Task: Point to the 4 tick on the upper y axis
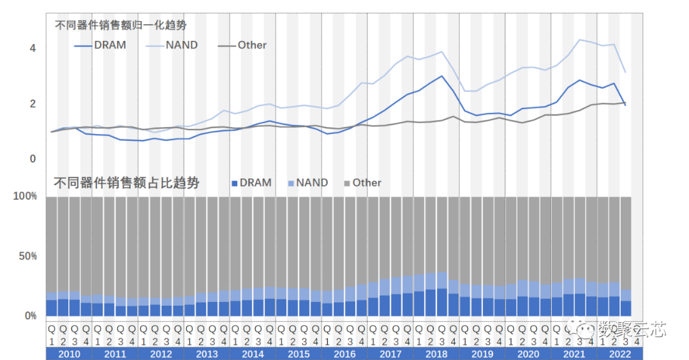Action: point(33,49)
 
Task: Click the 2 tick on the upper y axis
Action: point(33,104)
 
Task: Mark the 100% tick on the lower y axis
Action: point(26,197)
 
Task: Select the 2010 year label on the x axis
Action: point(69,354)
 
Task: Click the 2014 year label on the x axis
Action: point(253,354)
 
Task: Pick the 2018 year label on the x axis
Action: point(436,354)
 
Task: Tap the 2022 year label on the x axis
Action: point(620,354)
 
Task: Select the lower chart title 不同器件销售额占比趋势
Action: point(126,183)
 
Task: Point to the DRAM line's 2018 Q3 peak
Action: point(441,77)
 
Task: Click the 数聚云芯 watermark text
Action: point(632,330)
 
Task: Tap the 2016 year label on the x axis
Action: point(344,354)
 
